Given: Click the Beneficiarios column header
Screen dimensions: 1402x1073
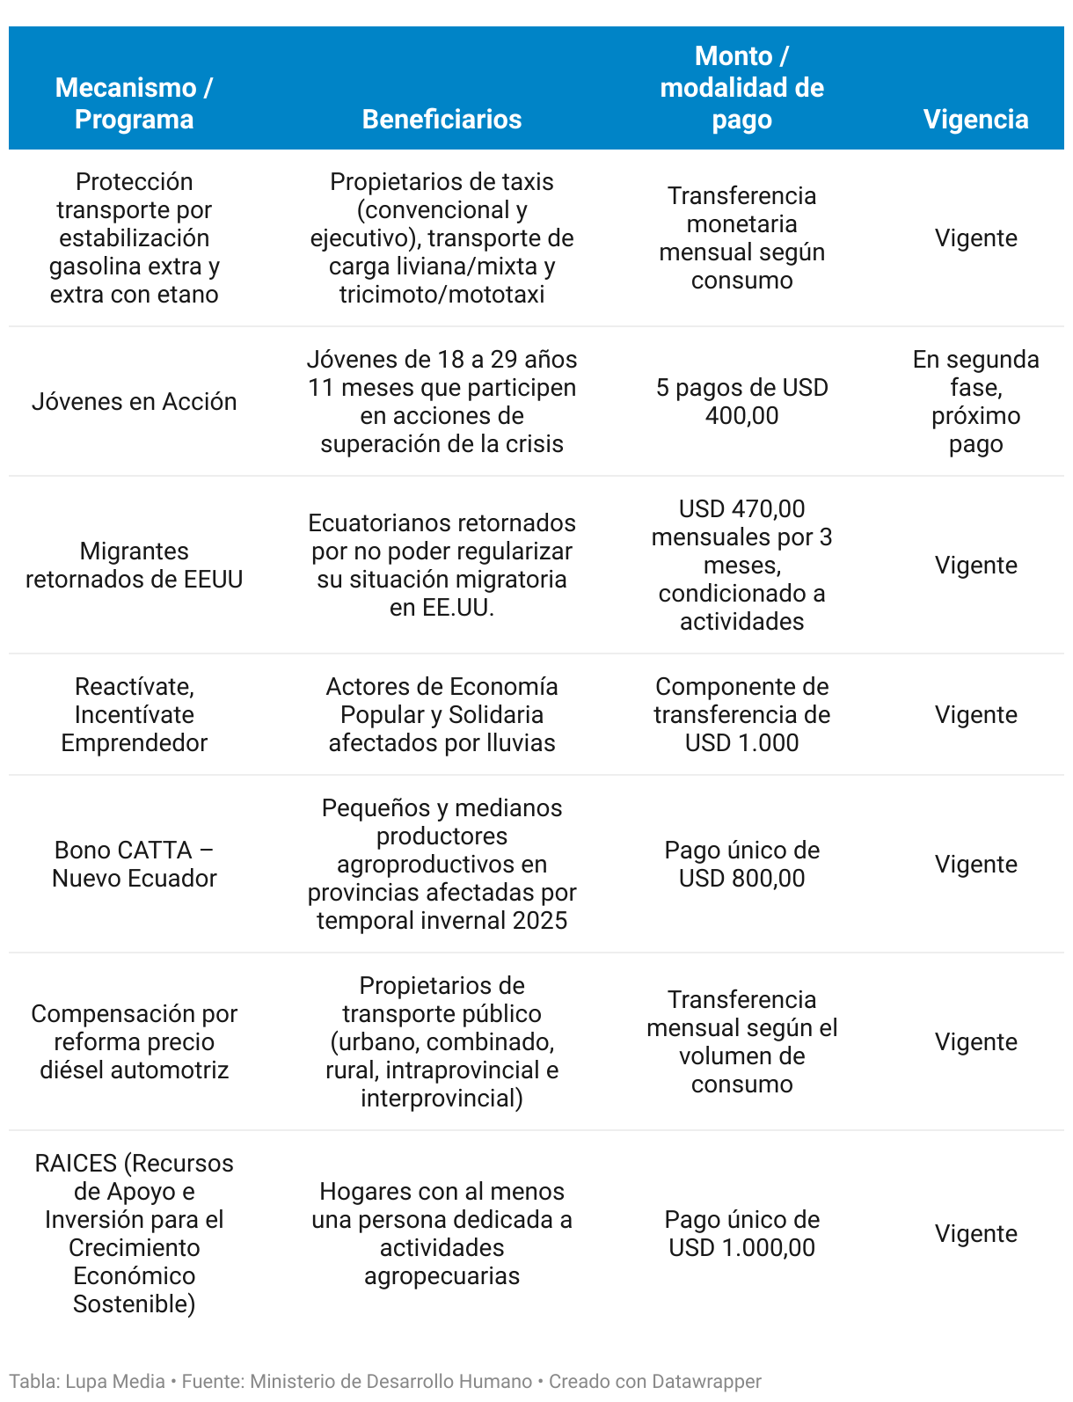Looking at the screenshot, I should (x=442, y=119).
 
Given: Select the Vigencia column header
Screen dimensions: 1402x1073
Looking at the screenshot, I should (x=975, y=119).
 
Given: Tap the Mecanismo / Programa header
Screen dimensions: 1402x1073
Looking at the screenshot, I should (x=134, y=103).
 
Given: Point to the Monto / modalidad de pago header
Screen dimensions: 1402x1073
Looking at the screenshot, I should (x=741, y=87).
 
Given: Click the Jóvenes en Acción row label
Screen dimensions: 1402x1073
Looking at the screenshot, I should (x=134, y=401).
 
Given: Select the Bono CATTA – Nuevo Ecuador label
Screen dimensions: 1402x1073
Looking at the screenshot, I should (x=134, y=864).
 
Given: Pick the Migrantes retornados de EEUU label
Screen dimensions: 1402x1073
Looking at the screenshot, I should (x=134, y=565).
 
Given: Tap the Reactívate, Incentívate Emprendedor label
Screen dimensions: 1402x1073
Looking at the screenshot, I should (x=134, y=714).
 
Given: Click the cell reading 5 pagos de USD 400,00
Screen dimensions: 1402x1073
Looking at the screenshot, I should (x=741, y=401).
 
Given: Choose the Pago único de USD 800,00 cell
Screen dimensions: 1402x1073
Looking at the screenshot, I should (x=741, y=864).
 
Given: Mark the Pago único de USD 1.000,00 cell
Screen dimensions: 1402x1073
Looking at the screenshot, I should (x=741, y=1233).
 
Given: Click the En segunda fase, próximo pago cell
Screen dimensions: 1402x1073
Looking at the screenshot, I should (x=975, y=401).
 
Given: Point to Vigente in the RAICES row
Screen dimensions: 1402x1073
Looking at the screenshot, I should (x=975, y=1233).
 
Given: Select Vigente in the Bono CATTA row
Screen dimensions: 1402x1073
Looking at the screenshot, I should (x=975, y=864).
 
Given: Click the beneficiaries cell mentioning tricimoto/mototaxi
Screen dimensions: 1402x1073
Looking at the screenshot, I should (x=442, y=237).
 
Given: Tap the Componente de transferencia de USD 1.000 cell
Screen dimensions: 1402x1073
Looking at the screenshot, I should (x=741, y=714).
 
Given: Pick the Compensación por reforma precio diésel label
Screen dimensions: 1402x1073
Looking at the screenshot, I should (x=134, y=1041).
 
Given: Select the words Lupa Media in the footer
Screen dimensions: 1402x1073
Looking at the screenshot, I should (x=115, y=1381).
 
